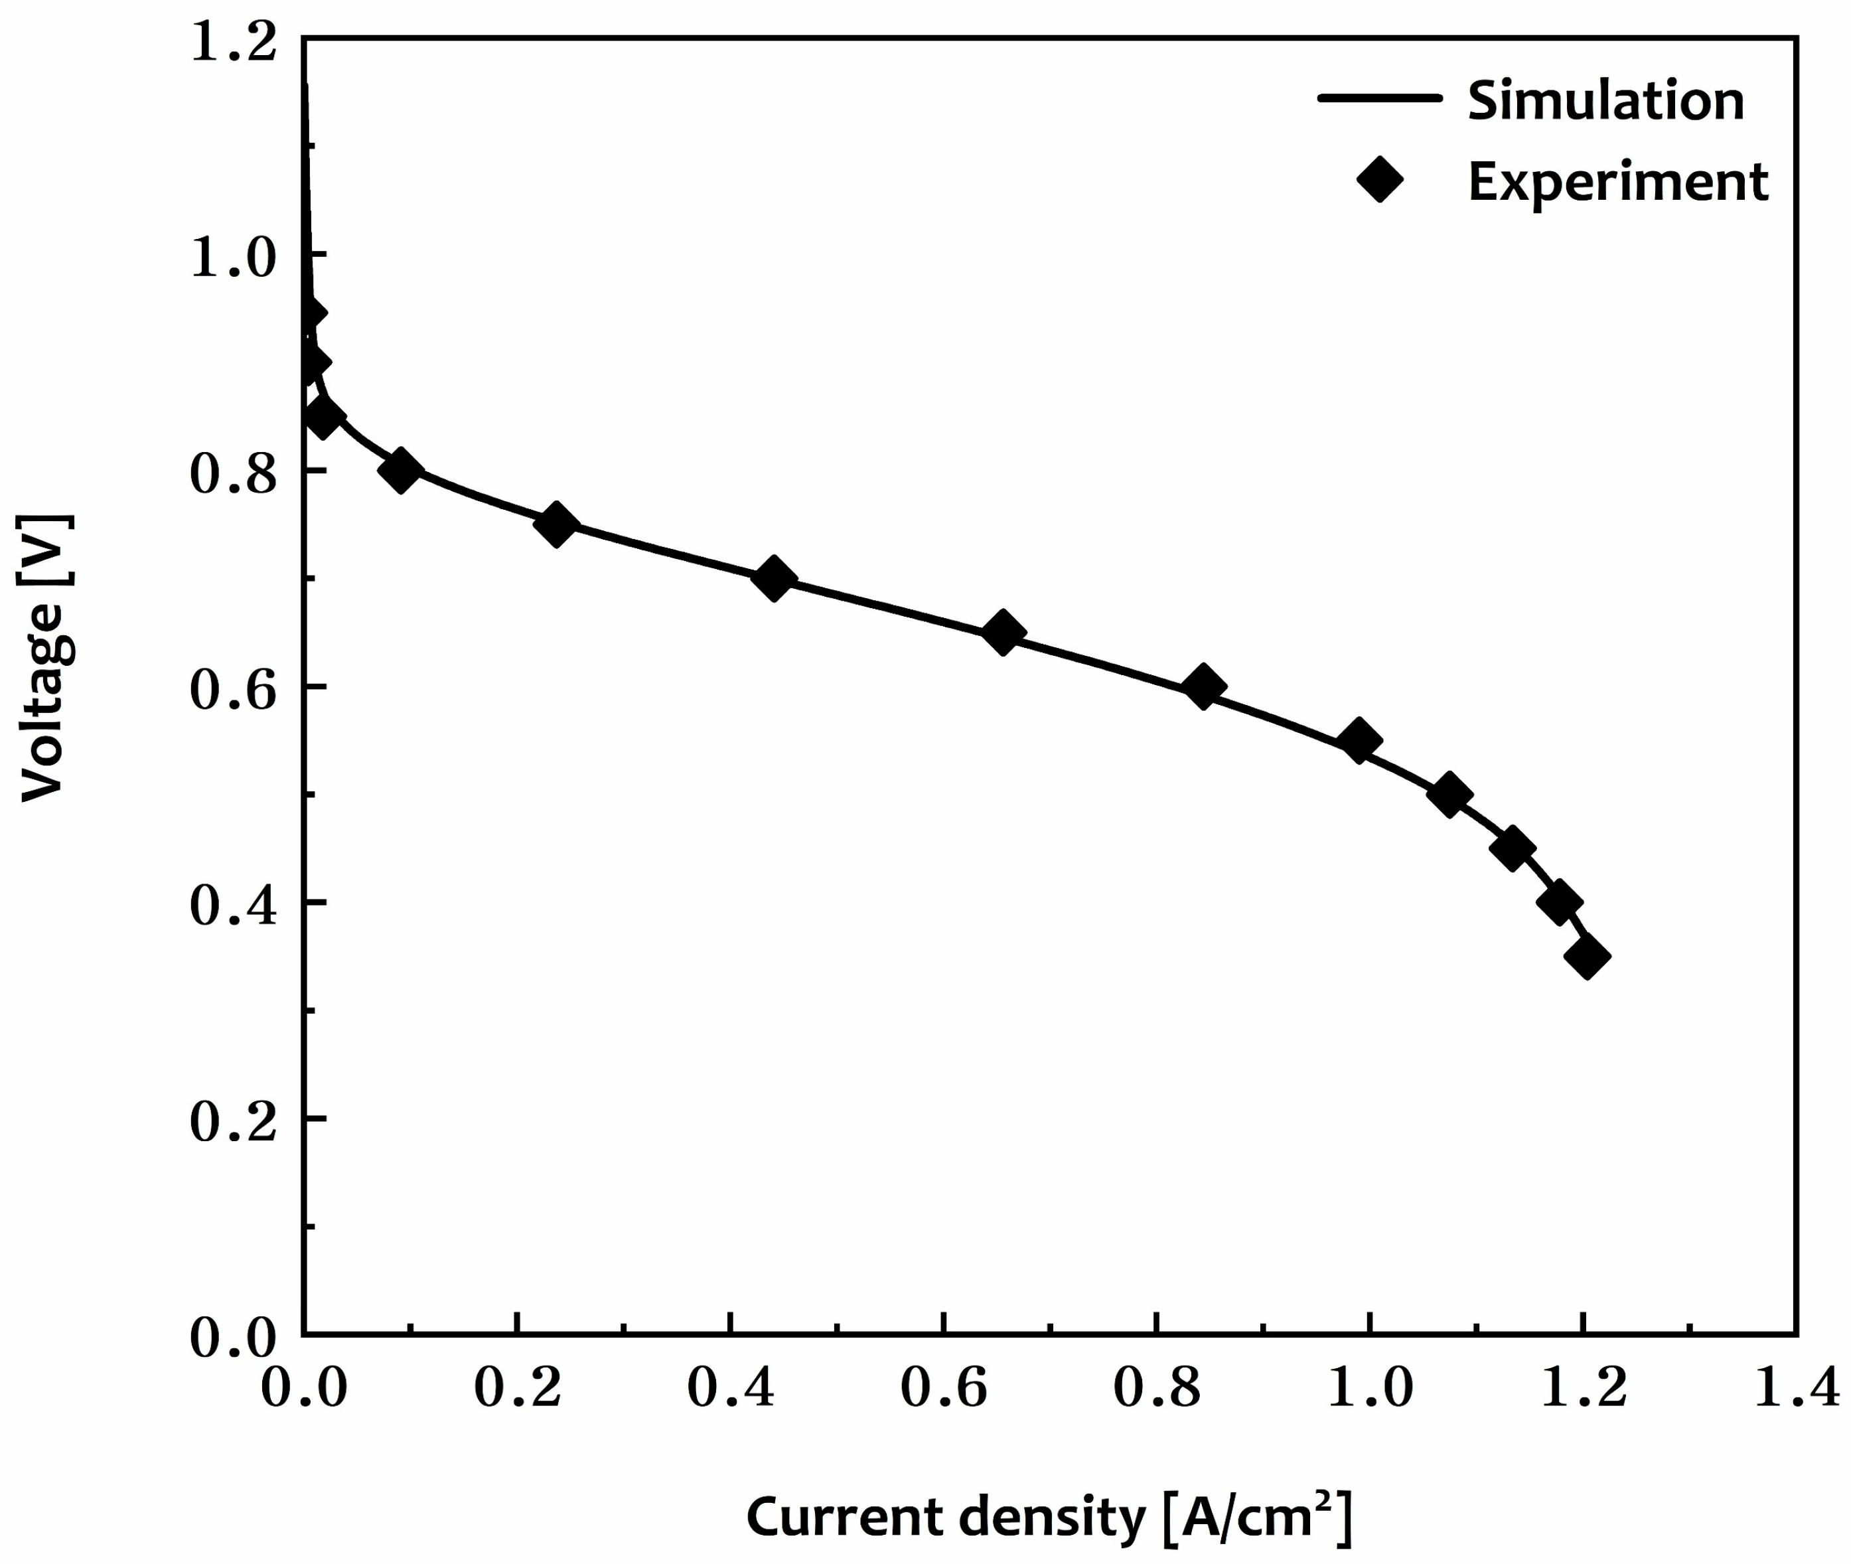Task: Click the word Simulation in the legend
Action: pos(1605,101)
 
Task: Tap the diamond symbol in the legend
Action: pos(1379,180)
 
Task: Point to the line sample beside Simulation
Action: pos(1379,98)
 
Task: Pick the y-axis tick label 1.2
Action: pos(233,42)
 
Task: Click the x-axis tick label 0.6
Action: pos(943,1387)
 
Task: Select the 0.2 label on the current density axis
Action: pos(517,1387)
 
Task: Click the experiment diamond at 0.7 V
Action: pos(773,579)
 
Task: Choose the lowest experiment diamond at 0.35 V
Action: pos(1587,957)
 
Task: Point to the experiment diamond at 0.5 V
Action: pos(1449,795)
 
